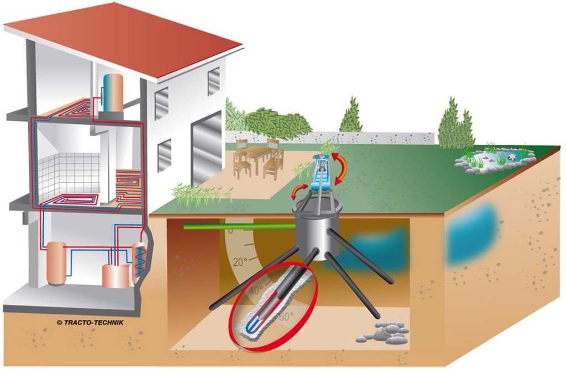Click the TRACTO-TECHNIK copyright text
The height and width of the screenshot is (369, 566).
tap(90, 323)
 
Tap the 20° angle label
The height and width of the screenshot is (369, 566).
tap(240, 262)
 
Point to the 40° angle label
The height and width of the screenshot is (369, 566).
tap(256, 289)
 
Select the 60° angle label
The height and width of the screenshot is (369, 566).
tap(286, 317)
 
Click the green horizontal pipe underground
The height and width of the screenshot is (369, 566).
tap(240, 226)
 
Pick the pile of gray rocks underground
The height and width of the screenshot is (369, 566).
tap(384, 333)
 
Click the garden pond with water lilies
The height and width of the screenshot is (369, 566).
tap(494, 160)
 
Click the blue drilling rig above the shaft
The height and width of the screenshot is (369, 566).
tap(322, 173)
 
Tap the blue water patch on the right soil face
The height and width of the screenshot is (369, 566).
tap(473, 232)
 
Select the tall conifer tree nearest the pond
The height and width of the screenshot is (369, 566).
tap(455, 124)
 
